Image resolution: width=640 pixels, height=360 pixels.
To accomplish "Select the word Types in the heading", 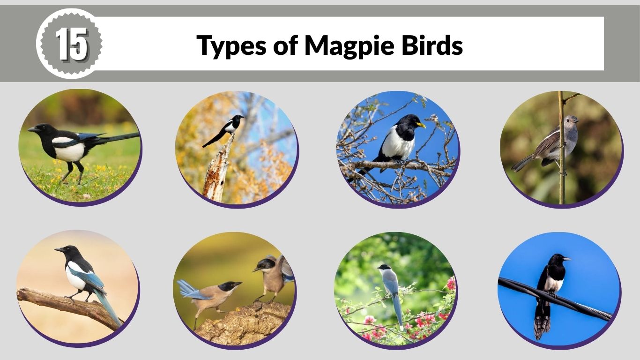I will coord(231,45).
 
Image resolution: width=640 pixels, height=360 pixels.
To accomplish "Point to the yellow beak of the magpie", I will coord(421,125).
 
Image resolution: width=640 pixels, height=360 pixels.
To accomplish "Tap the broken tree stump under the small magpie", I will coord(216,173).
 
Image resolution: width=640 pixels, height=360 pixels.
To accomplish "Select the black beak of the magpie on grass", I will coord(32,129).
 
